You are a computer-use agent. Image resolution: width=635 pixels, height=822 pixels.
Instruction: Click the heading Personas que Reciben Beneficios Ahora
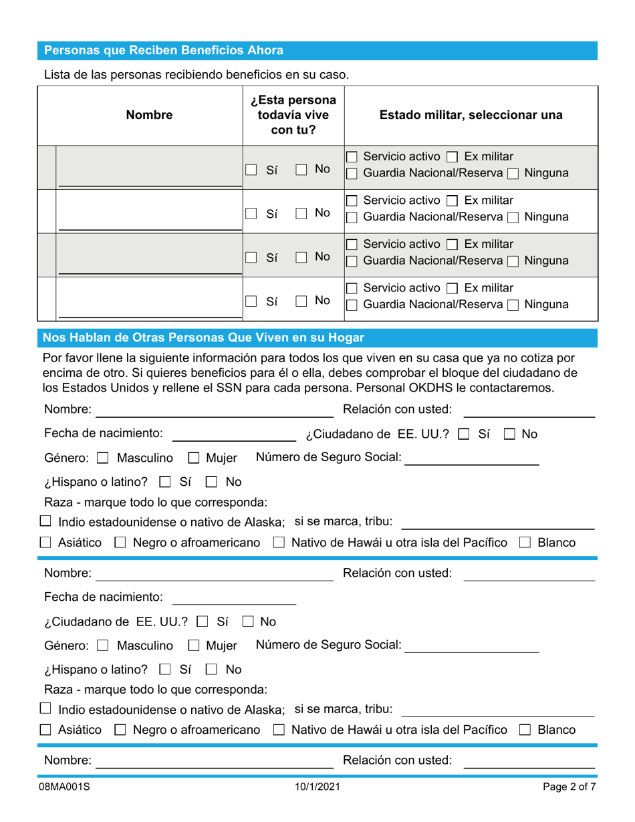pyautogui.click(x=163, y=51)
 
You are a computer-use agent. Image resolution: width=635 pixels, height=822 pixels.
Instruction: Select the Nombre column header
pyautogui.click(x=149, y=116)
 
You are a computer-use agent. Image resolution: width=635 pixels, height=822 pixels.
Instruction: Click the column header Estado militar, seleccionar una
pyautogui.click(x=471, y=116)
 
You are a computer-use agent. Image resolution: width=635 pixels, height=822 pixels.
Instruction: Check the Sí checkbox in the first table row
pyautogui.click(x=251, y=170)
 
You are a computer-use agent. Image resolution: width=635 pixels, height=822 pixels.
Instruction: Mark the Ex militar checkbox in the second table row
pyautogui.click(x=452, y=200)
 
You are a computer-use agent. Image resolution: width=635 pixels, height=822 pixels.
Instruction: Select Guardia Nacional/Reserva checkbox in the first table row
pyautogui.click(x=352, y=174)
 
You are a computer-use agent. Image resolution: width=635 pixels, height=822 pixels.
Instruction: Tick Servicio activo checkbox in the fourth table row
pyautogui.click(x=352, y=288)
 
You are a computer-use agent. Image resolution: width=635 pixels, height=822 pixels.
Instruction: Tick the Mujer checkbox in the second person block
pyautogui.click(x=193, y=646)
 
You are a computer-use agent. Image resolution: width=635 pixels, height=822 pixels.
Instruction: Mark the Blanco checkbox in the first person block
pyautogui.click(x=525, y=543)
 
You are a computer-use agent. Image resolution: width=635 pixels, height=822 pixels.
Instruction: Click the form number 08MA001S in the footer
pyautogui.click(x=67, y=787)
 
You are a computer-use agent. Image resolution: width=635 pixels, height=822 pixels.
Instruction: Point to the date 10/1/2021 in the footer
pyautogui.click(x=317, y=787)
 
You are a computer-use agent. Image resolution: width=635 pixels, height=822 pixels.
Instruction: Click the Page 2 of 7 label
pyautogui.click(x=569, y=787)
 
